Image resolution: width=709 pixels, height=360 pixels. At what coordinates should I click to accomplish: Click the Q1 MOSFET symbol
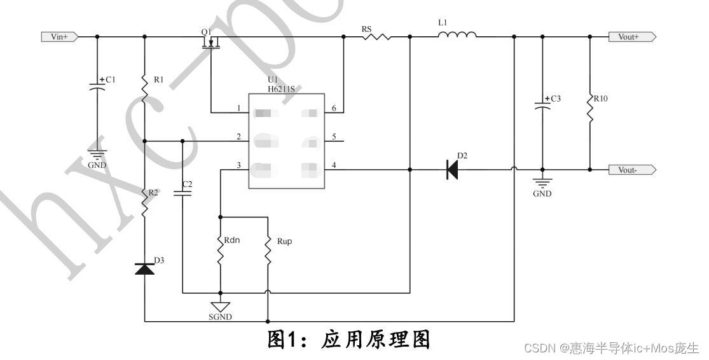[x=210, y=43]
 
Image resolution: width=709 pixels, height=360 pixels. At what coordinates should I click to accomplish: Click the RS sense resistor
[x=376, y=37]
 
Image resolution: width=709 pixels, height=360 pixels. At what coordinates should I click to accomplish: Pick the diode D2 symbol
[x=452, y=170]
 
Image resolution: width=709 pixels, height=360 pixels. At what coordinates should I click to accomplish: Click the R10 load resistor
[x=590, y=109]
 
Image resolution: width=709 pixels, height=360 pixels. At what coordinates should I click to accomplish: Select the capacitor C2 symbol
[x=183, y=193]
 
